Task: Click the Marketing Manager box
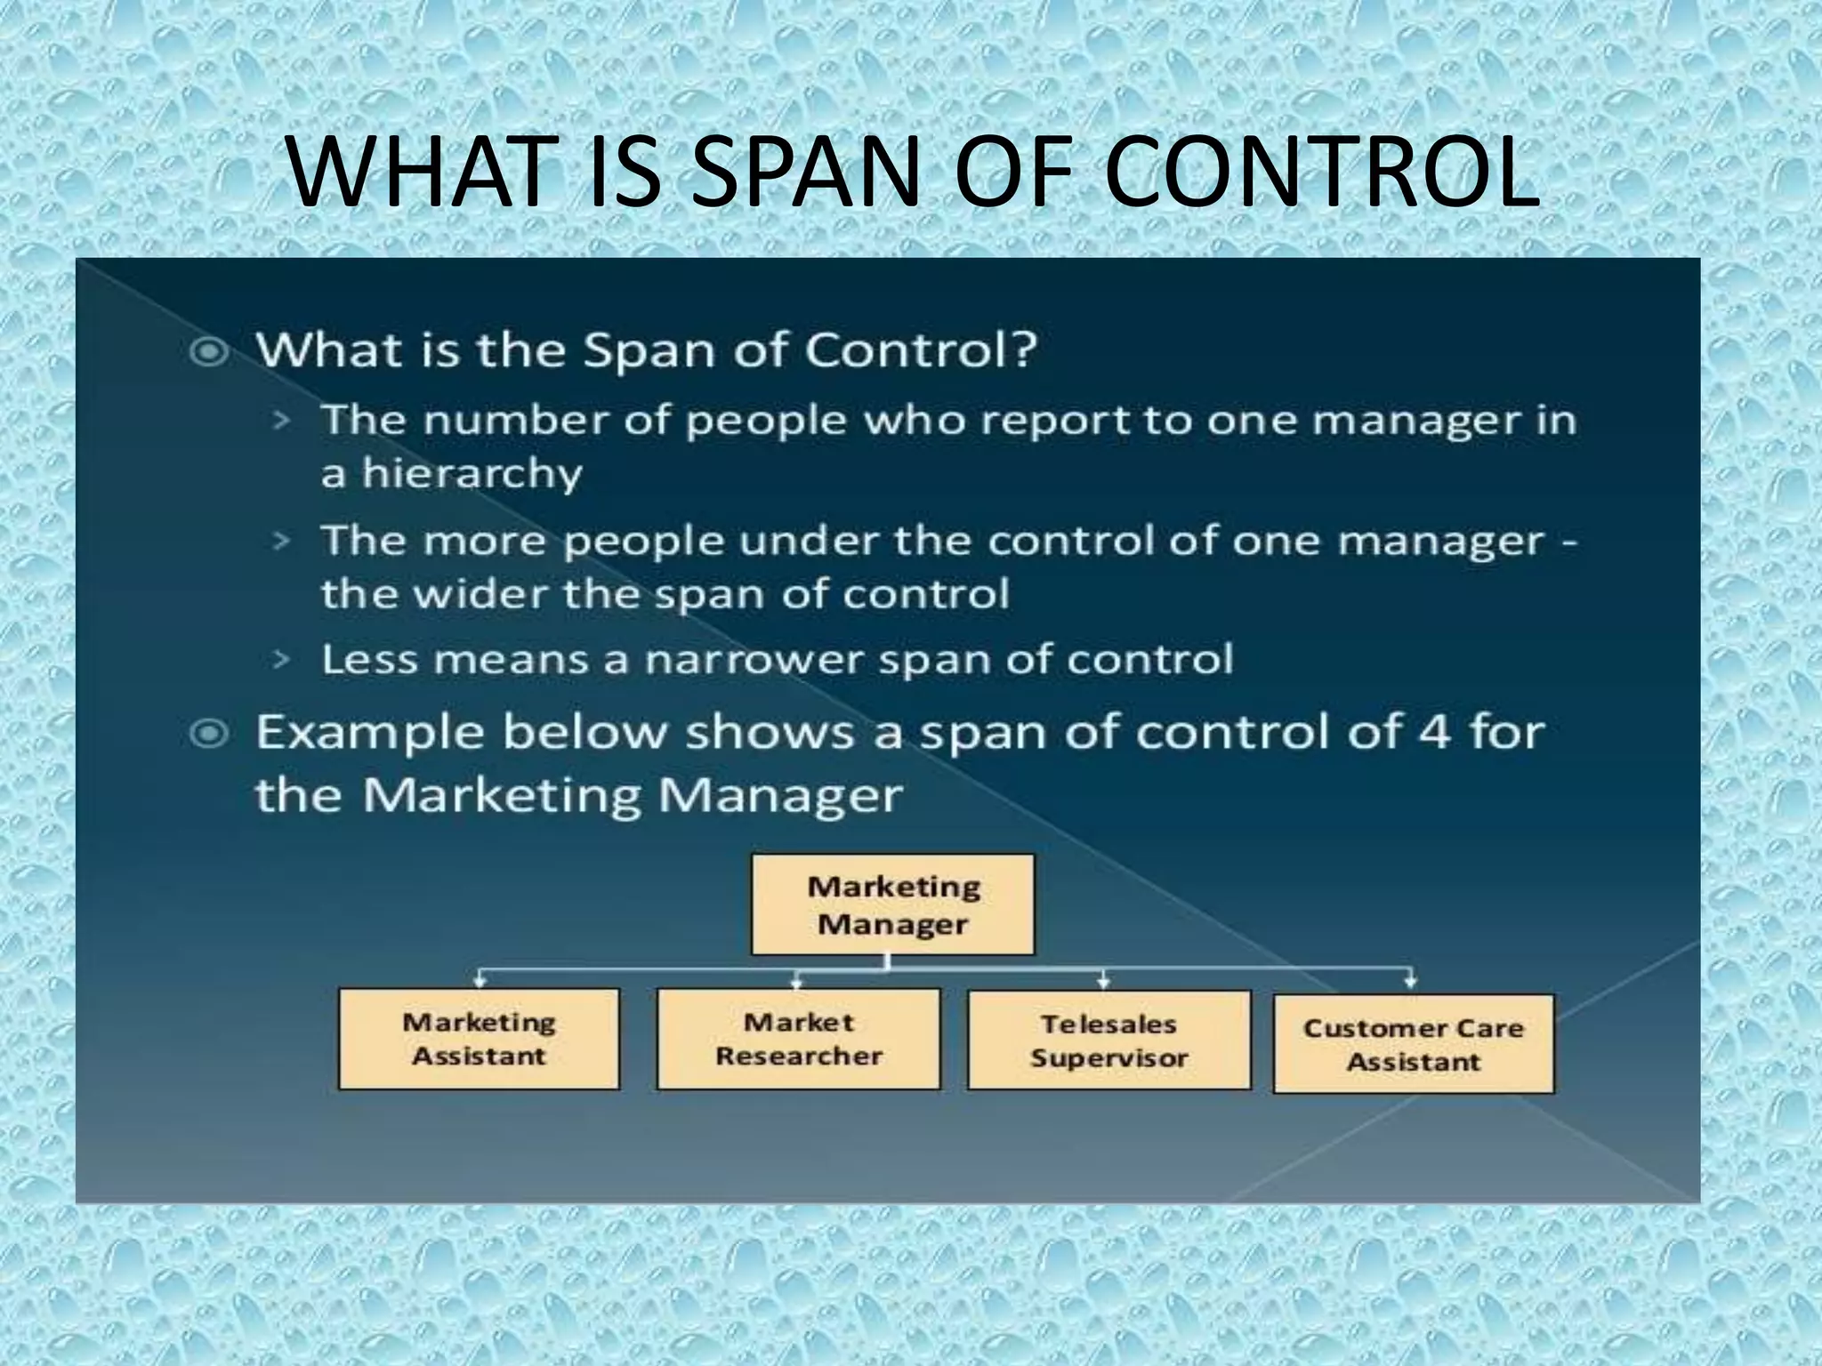tap(892, 904)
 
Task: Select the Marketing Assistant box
tap(479, 1039)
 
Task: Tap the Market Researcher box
tap(798, 1039)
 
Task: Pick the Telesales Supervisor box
tap(1109, 1040)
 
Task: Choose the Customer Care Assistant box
tap(1414, 1044)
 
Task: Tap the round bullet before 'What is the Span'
tap(210, 352)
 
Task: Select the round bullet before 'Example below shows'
tap(210, 735)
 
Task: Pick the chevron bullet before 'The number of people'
tap(281, 420)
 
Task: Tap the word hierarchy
tap(472, 473)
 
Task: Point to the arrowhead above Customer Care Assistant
tap(1410, 982)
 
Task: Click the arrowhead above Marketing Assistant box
tap(480, 981)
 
